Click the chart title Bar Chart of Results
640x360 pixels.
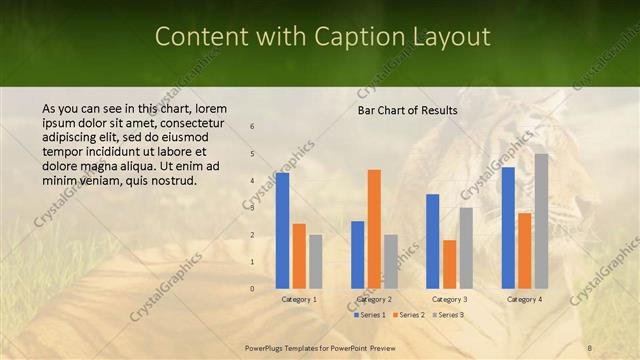[407, 109]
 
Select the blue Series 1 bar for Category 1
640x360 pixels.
[282, 230]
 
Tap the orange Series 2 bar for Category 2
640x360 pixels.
[374, 229]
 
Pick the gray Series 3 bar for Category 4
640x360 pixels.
[541, 221]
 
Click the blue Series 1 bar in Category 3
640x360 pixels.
[433, 241]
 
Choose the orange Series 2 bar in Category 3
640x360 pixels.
[449, 264]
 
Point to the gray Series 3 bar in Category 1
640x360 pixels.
[315, 261]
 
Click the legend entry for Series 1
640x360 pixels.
[371, 314]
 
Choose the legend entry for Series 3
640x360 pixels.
[448, 314]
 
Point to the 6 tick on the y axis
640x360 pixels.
[252, 127]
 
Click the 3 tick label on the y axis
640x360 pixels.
[252, 208]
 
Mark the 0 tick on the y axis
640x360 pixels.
[252, 289]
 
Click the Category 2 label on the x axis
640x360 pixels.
[374, 299]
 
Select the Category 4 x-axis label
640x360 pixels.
[524, 299]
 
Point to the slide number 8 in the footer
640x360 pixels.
[589, 347]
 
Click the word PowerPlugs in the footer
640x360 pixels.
[265, 347]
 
